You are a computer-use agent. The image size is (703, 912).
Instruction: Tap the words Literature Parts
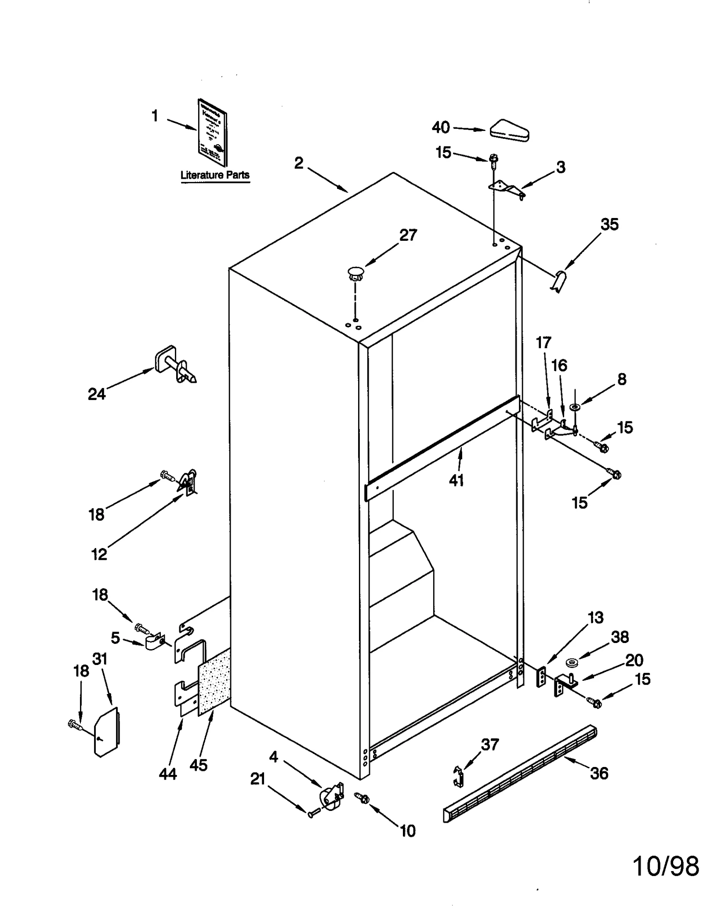215,175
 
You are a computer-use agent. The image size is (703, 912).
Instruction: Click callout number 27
408,236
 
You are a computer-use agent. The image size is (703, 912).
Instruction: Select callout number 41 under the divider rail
456,480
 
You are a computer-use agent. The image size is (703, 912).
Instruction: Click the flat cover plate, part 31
107,732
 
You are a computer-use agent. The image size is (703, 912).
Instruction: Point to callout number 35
609,225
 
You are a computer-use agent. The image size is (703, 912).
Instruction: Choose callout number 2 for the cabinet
299,164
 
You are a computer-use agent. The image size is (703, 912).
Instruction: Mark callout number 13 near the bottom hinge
595,618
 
